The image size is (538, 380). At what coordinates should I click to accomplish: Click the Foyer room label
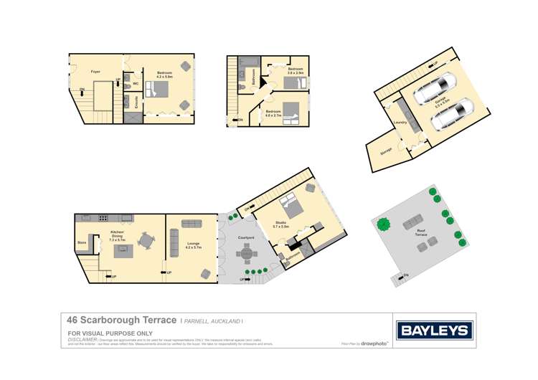(95, 72)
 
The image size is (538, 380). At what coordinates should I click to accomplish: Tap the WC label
(136, 83)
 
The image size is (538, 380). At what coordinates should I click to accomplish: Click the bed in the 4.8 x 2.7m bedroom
(291, 113)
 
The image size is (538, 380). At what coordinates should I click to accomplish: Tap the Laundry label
(401, 122)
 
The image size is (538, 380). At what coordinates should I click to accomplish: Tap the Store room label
(82, 242)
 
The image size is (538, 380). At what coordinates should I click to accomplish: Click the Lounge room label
(193, 245)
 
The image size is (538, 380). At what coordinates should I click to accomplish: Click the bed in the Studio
(291, 209)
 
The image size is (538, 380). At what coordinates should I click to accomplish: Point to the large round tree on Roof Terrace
(384, 224)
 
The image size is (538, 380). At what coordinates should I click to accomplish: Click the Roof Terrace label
(421, 232)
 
